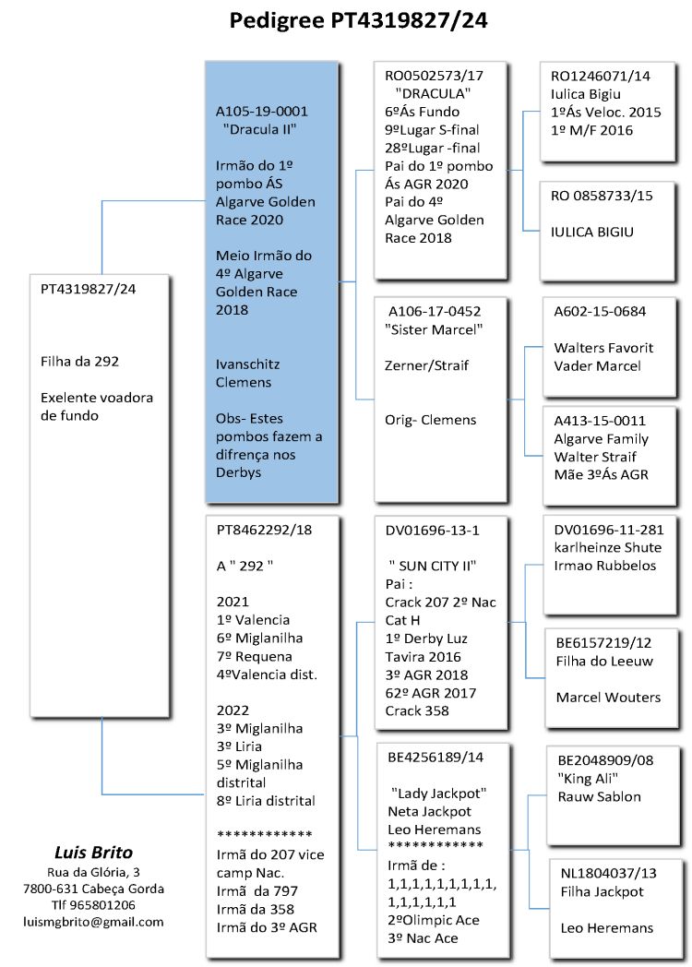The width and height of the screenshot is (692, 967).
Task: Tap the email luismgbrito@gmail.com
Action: coord(94,921)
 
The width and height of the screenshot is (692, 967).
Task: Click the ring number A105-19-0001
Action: coord(262,111)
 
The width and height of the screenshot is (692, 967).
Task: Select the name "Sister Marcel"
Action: coord(434,329)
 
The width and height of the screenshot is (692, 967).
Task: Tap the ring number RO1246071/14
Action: coord(600,77)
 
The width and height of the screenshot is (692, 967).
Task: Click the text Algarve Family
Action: coord(601,438)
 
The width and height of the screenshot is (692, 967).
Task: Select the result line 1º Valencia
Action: coord(253,619)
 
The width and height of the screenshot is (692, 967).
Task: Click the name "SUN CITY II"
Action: coord(437,566)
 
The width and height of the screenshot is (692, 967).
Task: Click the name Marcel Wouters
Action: coord(608,697)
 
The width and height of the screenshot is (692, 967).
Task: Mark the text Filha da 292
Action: coord(79,361)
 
